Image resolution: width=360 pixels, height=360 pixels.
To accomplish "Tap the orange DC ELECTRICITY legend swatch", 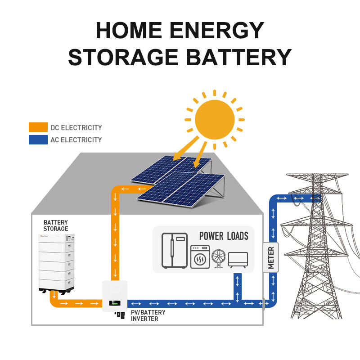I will coord(38,127).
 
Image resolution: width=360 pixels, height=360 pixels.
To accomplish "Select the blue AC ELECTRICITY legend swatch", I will coord(38,139).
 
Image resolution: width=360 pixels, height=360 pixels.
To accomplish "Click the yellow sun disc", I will coord(215,120).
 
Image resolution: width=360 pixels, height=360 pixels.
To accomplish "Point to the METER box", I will coord(271,257).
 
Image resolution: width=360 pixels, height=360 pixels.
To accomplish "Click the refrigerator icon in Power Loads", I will coord(175,250).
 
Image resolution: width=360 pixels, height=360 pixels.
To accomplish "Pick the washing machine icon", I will coord(199,257).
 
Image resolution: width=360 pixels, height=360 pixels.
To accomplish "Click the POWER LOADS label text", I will coord(224,236).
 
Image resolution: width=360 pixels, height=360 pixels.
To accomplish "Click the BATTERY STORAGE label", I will coord(56,225).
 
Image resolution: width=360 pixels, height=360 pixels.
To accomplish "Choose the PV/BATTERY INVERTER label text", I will coord(148,315).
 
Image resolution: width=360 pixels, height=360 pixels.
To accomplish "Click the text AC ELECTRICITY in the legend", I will coord(76,139).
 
